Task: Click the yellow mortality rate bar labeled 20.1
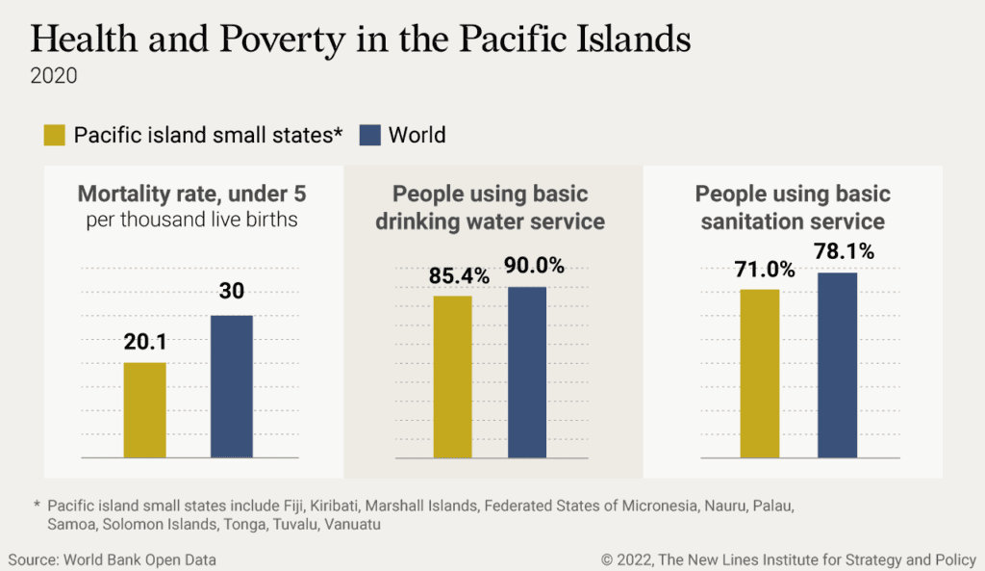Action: click(144, 410)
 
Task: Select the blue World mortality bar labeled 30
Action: click(231, 386)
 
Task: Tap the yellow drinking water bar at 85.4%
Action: click(452, 376)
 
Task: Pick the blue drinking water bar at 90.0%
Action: click(526, 372)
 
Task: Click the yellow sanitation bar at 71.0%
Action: click(760, 373)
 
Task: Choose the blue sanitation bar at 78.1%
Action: click(837, 365)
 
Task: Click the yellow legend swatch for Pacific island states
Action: click(55, 135)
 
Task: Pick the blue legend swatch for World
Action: click(369, 135)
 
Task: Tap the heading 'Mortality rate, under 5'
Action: click(192, 194)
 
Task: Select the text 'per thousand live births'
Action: click(192, 220)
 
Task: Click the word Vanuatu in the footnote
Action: click(325, 524)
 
